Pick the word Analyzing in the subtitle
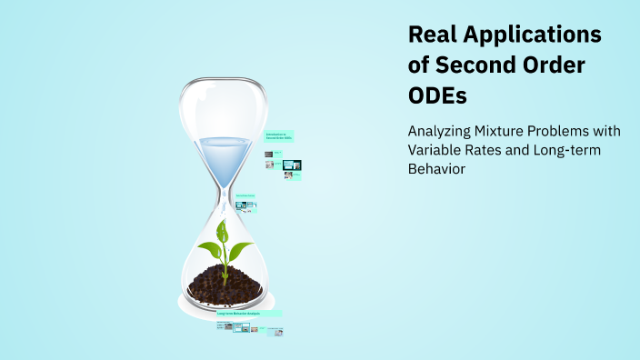point(442,130)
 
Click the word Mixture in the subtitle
point(509,130)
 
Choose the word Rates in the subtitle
point(487,150)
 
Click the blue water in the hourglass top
point(223,155)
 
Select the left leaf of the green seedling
point(211,245)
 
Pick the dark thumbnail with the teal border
point(292,165)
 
